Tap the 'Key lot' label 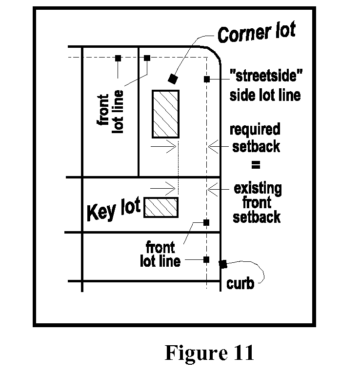coord(113,210)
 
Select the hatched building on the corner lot coord(166,114)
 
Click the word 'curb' coord(240,283)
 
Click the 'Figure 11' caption coord(209,353)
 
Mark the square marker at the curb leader coord(222,264)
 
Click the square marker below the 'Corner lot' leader coord(172,78)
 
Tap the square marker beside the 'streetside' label coord(207,79)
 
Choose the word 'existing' coord(258,188)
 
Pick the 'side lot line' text coord(265,95)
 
